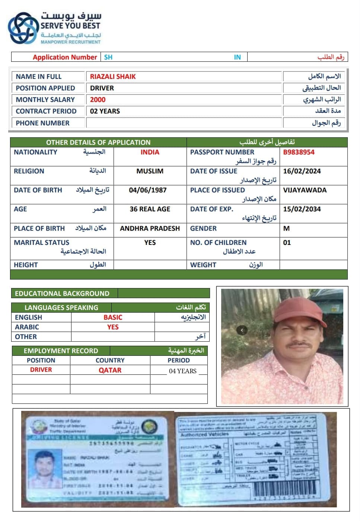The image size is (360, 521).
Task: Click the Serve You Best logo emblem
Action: click(23, 28)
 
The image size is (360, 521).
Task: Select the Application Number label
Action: click(65, 57)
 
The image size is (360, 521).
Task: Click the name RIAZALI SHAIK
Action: click(113, 77)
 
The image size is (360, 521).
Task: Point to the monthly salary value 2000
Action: click(98, 100)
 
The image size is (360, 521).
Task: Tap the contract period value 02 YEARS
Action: click(105, 111)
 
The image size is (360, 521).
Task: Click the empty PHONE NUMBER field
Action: click(184, 123)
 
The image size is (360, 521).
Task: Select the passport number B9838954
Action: click(299, 152)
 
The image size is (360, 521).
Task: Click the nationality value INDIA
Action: click(150, 152)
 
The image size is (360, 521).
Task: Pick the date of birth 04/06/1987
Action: click(148, 190)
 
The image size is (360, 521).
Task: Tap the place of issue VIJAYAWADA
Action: click(305, 190)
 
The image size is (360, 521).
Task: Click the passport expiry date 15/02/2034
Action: click(302, 209)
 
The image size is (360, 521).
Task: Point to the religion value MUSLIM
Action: click(150, 171)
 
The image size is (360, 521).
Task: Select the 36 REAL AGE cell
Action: click(150, 209)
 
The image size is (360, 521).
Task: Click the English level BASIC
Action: click(113, 317)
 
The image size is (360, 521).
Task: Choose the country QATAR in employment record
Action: click(110, 370)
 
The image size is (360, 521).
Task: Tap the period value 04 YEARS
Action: click(182, 371)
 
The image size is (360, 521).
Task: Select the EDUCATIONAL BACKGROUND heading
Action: click(62, 293)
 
